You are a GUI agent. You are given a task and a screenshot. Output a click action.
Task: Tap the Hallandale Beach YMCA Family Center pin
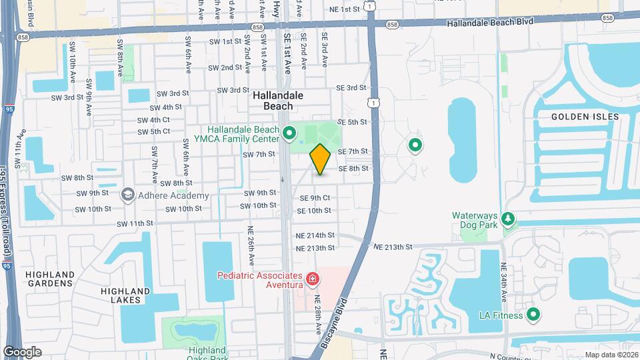[289, 134]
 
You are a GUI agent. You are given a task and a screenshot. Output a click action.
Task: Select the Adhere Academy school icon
[127, 194]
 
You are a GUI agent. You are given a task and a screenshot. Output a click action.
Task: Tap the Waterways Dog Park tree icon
[508, 219]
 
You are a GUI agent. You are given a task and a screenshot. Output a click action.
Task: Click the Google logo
[22, 352]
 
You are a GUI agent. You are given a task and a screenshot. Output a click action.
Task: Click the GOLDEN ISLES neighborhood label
[585, 117]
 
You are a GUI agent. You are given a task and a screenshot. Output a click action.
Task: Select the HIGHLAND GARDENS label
[50, 279]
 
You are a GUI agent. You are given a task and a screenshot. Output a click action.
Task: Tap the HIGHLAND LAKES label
[125, 295]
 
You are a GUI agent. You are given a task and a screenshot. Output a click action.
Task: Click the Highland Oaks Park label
[198, 354]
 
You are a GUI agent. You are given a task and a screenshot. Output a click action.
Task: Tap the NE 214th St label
[316, 236]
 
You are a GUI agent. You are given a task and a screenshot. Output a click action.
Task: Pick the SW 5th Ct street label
[154, 131]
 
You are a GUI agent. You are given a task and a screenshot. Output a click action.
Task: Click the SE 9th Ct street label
[315, 198]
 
